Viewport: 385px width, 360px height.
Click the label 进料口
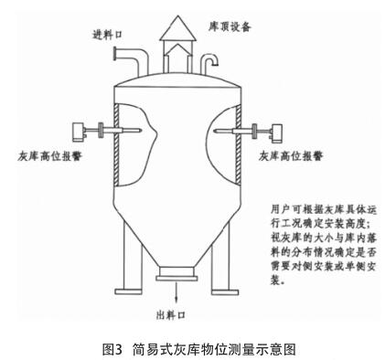point(108,36)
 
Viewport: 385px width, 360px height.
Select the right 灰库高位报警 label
point(292,156)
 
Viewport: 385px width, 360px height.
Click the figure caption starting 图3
point(192,348)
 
